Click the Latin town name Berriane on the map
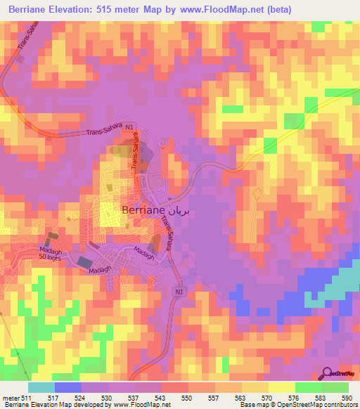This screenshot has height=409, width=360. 144,209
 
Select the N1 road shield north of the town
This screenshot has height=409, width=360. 139,127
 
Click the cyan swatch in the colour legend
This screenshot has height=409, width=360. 41,387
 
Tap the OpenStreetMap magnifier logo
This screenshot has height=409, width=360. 328,373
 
